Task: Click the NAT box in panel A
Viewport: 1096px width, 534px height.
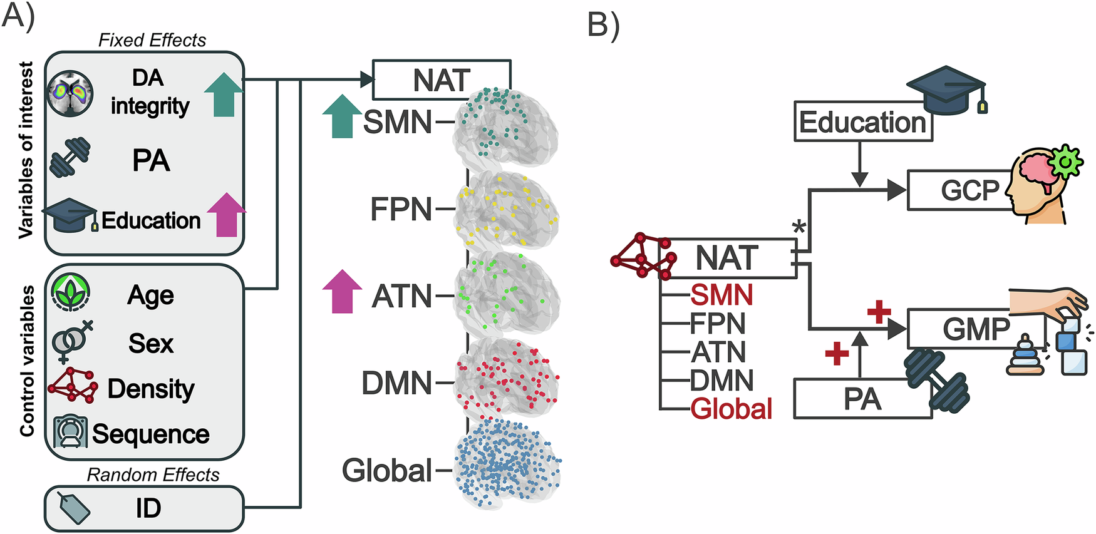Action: click(442, 80)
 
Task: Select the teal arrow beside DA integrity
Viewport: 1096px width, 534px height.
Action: click(224, 95)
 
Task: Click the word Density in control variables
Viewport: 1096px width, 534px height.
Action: click(151, 389)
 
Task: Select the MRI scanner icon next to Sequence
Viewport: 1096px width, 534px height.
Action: click(70, 432)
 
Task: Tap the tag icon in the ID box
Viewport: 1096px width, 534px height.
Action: click(73, 508)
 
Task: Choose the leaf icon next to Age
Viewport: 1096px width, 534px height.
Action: click(70, 293)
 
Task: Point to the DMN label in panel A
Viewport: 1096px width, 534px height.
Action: click(396, 383)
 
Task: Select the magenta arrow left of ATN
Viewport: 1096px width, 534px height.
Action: click(342, 292)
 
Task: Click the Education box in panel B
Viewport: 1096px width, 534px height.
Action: click(862, 122)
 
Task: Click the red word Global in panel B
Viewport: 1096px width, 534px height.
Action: click(732, 409)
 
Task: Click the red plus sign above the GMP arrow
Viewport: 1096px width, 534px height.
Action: click(879, 312)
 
